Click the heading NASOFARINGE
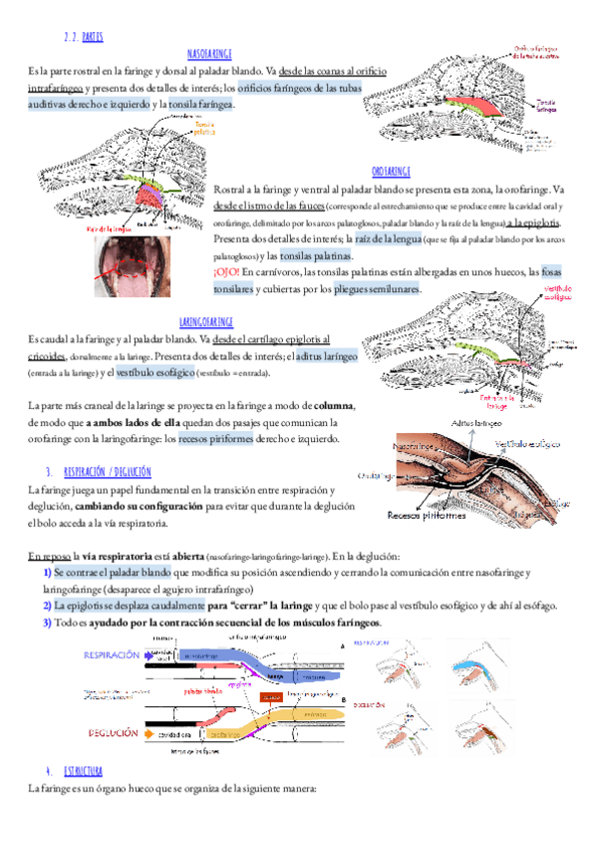pyautogui.click(x=209, y=53)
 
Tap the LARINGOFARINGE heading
pyautogui.click(x=205, y=322)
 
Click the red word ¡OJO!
pyautogui.click(x=227, y=271)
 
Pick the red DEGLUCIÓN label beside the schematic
pyautogui.click(x=114, y=733)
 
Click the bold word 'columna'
pyautogui.click(x=334, y=406)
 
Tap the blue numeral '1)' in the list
pyautogui.click(x=47, y=572)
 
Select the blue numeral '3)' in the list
pyautogui.click(x=47, y=623)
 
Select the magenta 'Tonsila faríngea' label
pyautogui.click(x=546, y=105)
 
